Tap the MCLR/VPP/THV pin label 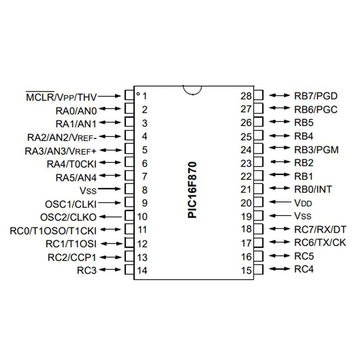click(61, 96)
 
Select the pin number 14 click(142, 270)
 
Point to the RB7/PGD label click(316, 96)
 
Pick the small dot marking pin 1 click(138, 94)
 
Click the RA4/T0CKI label click(72, 163)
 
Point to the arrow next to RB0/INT click(279, 188)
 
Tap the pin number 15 click(246, 270)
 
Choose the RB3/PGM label click(316, 150)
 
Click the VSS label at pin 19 click(302, 216)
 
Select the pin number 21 click(246, 190)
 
